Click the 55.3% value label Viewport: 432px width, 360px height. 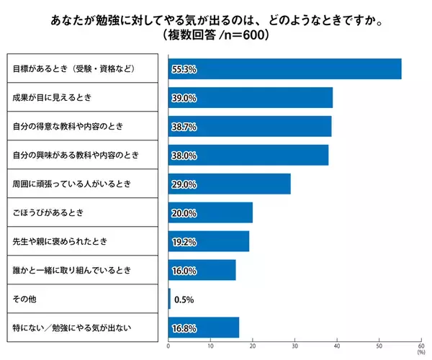coord(184,69)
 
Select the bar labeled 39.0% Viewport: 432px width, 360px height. coord(251,97)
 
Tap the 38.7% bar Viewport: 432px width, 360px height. coord(250,126)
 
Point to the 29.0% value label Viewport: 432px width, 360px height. coord(184,184)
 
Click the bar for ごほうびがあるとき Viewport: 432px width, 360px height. coord(210,212)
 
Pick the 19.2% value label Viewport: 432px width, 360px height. coord(184,242)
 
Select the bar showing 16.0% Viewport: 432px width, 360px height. coord(202,270)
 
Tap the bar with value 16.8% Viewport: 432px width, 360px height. coord(204,328)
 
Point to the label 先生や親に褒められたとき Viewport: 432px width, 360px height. coord(60,241)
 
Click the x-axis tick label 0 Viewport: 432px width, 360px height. coord(168,347)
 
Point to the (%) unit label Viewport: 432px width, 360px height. coord(420,354)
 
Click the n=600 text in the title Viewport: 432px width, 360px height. coord(238,34)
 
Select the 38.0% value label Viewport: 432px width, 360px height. coord(184,156)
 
